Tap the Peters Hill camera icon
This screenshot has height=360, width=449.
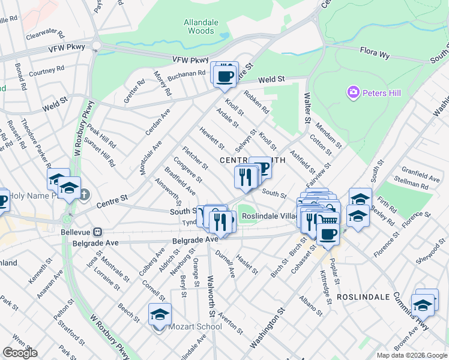(353, 92)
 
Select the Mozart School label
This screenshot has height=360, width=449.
(194, 326)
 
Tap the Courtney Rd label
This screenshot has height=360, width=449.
(46, 71)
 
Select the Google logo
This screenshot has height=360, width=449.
(20, 353)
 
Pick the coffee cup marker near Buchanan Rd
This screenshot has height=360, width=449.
(225, 76)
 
